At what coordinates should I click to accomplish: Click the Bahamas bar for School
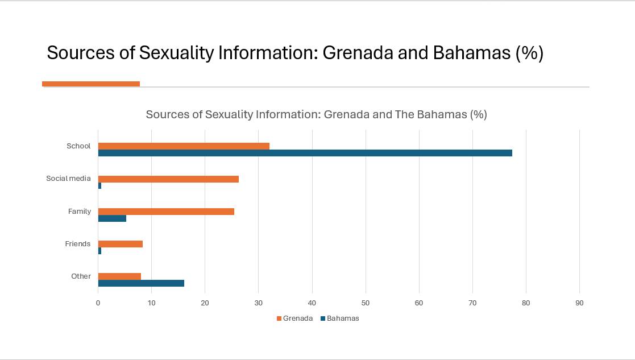click(305, 153)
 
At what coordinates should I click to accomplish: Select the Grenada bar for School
click(184, 146)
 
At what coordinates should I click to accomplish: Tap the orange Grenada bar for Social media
click(168, 179)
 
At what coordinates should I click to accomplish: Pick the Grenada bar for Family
click(166, 212)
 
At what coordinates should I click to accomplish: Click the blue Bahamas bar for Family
click(112, 218)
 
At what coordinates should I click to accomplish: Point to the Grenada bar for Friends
click(121, 244)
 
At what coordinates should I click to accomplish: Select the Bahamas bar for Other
click(141, 283)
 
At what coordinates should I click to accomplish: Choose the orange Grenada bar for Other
click(119, 276)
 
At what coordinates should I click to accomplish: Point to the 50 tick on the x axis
click(366, 303)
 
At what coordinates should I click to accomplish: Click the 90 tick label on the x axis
click(579, 303)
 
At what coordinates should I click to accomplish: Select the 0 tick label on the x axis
click(98, 303)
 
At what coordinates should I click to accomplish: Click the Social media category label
click(68, 179)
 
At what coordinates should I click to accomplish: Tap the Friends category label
click(77, 244)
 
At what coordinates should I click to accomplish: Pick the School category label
click(78, 146)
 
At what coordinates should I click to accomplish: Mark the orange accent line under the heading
click(91, 84)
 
